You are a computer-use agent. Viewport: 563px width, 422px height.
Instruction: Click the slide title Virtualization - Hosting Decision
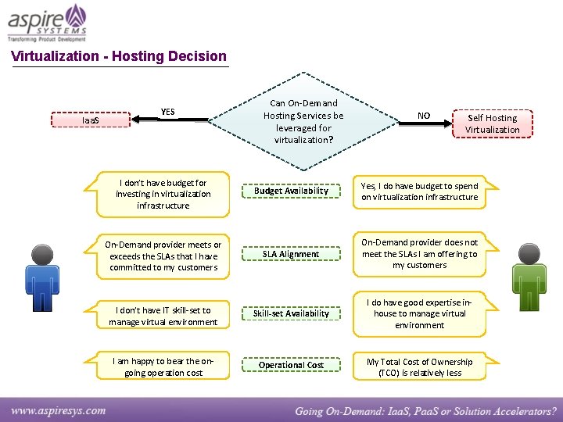(119, 56)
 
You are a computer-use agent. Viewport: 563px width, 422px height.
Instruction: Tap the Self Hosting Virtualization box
(492, 123)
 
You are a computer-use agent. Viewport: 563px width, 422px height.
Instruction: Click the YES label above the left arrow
(167, 111)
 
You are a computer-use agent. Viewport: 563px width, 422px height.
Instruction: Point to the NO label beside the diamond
(423, 116)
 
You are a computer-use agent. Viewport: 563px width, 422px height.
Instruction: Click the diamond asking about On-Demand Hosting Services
(303, 121)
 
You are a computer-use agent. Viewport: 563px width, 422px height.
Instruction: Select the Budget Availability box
(291, 191)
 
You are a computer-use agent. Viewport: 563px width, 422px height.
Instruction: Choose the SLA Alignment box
(291, 254)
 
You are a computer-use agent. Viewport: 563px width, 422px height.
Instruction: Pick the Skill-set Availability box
(291, 313)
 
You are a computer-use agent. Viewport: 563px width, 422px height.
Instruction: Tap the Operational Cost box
(291, 365)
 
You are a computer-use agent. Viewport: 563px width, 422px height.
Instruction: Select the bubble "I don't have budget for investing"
(163, 194)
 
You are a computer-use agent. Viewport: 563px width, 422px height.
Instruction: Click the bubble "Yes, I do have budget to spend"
(419, 192)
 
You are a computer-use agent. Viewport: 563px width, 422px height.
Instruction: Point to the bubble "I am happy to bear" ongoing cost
(163, 367)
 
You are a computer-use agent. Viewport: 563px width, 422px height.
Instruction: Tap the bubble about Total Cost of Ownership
(419, 367)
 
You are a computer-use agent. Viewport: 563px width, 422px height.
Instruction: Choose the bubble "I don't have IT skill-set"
(163, 316)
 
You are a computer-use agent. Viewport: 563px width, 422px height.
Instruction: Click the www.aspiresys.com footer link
(59, 409)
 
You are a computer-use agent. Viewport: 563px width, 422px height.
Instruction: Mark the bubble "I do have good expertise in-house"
(419, 313)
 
